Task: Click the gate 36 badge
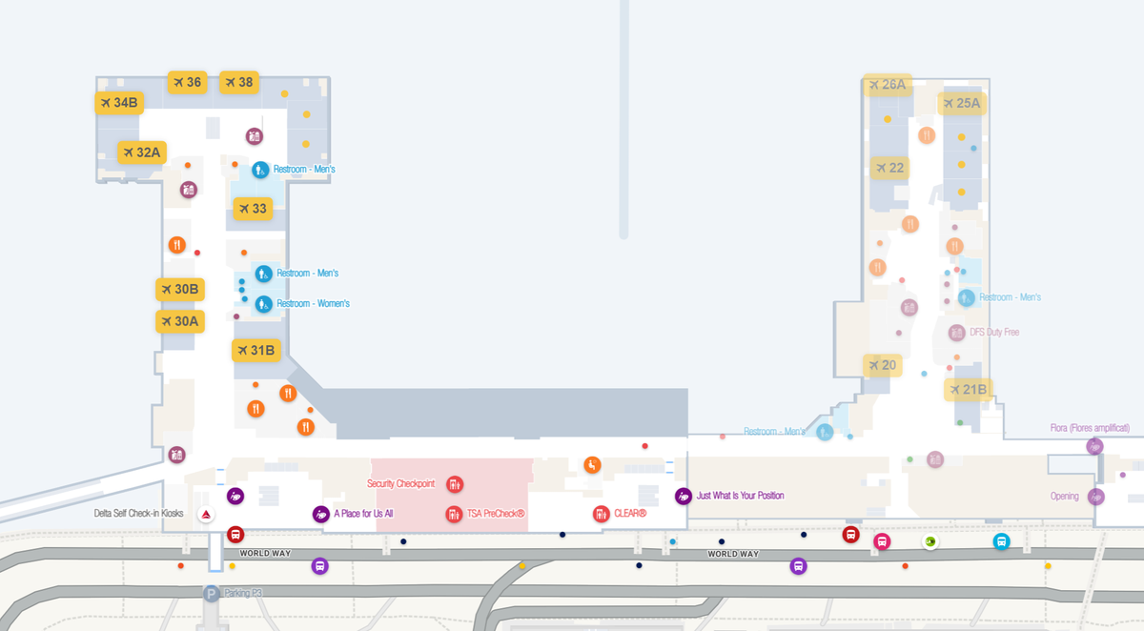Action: click(x=187, y=82)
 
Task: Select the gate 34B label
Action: click(x=119, y=103)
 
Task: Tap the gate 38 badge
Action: click(x=239, y=82)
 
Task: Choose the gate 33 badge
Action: click(x=252, y=209)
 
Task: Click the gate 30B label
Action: click(x=180, y=289)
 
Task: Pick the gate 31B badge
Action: click(x=256, y=351)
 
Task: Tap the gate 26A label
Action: click(x=887, y=85)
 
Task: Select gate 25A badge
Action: click(x=961, y=103)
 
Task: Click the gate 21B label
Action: click(x=968, y=389)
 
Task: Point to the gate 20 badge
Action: click(x=882, y=365)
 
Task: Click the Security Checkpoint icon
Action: click(x=455, y=484)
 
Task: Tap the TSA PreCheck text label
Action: click(x=496, y=514)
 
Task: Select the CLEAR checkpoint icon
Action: click(x=601, y=514)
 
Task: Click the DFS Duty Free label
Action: click(x=994, y=333)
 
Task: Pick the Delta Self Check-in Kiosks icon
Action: click(x=203, y=515)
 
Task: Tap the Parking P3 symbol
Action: click(x=211, y=594)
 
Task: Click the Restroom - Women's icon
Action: click(x=263, y=304)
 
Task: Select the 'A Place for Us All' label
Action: click(x=363, y=514)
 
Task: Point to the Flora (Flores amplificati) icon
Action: click(x=1094, y=446)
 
